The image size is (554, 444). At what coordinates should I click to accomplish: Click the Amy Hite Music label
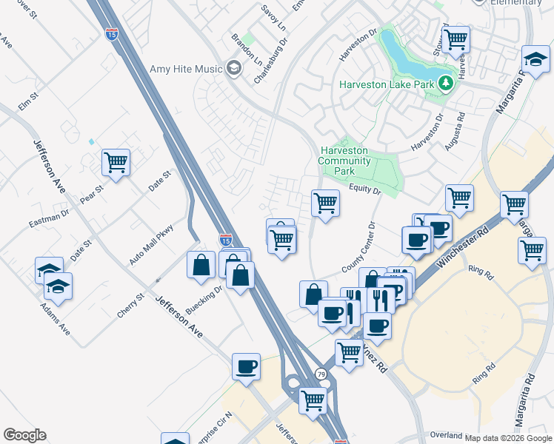pyautogui.click(x=186, y=69)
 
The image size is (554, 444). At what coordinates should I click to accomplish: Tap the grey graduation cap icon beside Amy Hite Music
pyautogui.click(x=234, y=70)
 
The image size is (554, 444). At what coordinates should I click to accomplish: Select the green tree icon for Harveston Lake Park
pyautogui.click(x=445, y=83)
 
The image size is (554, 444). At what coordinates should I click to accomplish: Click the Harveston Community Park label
pyautogui.click(x=344, y=161)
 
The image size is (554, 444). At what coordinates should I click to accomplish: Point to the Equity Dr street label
pyautogui.click(x=365, y=191)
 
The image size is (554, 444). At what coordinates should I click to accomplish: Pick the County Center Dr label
pyautogui.click(x=361, y=248)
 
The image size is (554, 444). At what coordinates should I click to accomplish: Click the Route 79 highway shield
pyautogui.click(x=321, y=374)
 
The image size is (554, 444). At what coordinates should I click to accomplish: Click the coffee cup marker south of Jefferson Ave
pyautogui.click(x=246, y=366)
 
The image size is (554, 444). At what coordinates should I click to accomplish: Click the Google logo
pyautogui.click(x=24, y=435)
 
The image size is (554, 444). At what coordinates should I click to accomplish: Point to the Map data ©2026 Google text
pyautogui.click(x=509, y=438)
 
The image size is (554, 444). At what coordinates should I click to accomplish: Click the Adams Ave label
pyautogui.click(x=56, y=319)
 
